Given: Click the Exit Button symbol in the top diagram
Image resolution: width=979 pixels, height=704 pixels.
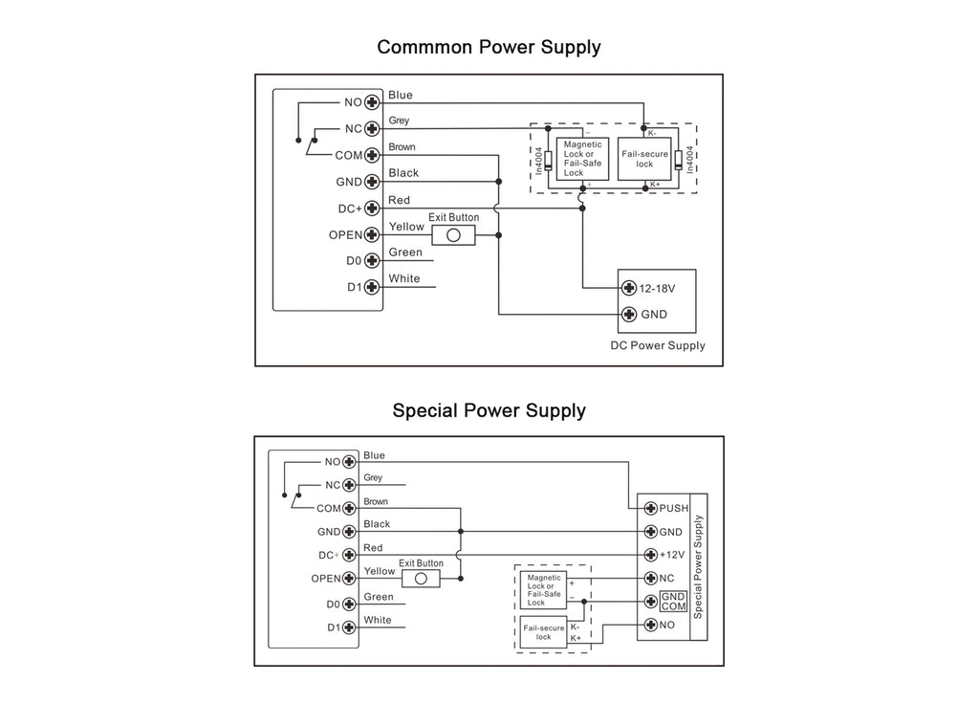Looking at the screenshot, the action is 453,235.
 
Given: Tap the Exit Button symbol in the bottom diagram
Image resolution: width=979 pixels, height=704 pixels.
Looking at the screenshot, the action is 421,579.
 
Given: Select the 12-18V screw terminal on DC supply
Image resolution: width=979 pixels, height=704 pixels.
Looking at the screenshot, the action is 629,288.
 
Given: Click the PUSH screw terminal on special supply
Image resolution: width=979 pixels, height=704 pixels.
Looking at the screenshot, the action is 650,508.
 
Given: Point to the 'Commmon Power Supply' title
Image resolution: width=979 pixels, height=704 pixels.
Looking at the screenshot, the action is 489,48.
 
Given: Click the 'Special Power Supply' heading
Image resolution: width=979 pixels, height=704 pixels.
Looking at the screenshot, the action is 489,410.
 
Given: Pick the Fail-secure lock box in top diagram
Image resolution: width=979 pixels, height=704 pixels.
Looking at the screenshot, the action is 644,159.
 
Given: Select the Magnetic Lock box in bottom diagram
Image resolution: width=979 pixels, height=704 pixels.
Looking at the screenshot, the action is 544,590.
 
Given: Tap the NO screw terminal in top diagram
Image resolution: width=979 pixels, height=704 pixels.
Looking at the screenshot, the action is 372,102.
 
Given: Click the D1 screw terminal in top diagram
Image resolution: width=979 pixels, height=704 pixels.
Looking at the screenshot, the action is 372,287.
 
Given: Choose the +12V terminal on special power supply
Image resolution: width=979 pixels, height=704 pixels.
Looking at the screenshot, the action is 650,555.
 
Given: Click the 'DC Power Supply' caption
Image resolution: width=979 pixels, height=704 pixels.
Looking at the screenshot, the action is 658,345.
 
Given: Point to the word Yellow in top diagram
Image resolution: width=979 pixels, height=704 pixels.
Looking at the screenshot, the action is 406,227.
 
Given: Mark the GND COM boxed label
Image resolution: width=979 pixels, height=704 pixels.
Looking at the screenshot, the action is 674,602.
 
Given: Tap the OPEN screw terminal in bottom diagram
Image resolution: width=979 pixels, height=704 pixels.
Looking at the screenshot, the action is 349,579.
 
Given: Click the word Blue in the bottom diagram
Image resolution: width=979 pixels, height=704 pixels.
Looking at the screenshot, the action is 374,455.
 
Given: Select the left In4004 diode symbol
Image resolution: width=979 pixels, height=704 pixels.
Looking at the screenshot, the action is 548,161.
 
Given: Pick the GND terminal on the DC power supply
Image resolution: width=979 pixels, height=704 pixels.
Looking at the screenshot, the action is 629,314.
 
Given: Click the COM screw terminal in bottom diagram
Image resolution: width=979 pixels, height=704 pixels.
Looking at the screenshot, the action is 349,509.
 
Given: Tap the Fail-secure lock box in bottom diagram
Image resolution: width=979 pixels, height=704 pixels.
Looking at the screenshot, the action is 544,632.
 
